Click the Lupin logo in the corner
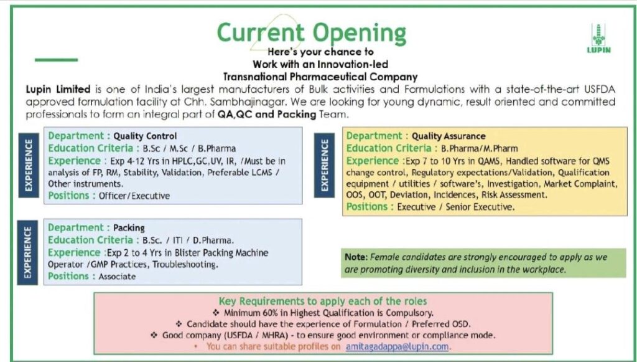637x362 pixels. click(599, 39)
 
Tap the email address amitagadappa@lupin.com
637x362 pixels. click(398, 346)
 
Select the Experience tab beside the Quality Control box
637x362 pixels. click(29, 164)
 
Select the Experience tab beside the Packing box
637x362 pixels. click(29, 251)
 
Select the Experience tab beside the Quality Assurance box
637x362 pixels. click(324, 165)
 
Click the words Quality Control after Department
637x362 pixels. click(145, 136)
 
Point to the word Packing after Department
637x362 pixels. click(129, 228)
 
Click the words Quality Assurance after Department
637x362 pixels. click(449, 136)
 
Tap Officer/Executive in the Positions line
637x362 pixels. click(134, 196)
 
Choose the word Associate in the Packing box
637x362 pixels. click(117, 276)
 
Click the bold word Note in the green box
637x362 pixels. click(355, 257)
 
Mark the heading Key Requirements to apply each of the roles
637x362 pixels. click(323, 301)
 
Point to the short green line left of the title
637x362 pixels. click(56, 60)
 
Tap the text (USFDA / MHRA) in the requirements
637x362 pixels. click(272, 335)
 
